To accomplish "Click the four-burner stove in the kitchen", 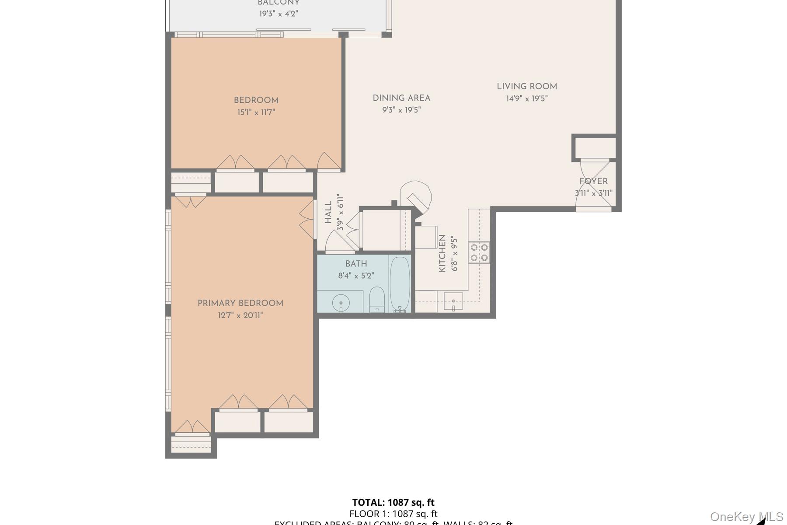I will coord(479,252).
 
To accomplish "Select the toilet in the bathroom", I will coord(376,299).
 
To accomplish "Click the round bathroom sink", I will coord(341,302).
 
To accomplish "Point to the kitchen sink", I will coord(453,301).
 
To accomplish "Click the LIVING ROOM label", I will coord(527,87).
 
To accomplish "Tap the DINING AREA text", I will coord(401,98).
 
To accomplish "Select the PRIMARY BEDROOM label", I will coord(240,303).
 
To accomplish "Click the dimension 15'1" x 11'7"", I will coord(256,112).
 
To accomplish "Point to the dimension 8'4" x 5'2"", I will coord(356,276).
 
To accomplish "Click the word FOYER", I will coord(593,181).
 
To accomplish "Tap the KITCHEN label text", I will coord(442,253).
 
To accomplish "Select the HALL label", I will coord(328,212).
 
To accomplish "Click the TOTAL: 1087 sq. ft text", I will coord(393,502).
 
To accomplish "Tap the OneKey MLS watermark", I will coord(746,517).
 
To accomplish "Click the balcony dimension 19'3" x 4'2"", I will coord(279,14).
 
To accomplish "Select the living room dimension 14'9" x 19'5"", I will coord(527,98).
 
